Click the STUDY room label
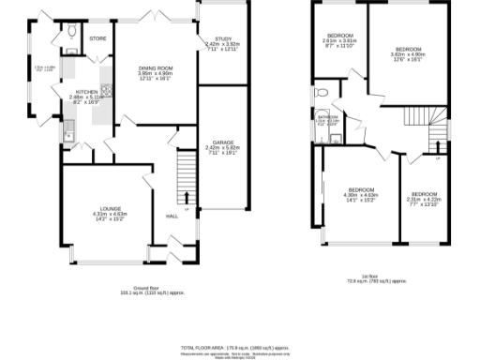[210, 38]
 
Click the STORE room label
[97, 38]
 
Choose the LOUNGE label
[111, 210]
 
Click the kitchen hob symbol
[107, 91]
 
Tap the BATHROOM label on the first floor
[326, 117]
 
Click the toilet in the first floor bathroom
[321, 93]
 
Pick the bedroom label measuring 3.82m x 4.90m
[408, 49]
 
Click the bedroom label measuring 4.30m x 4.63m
[361, 190]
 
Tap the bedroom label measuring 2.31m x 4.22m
[424, 194]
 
